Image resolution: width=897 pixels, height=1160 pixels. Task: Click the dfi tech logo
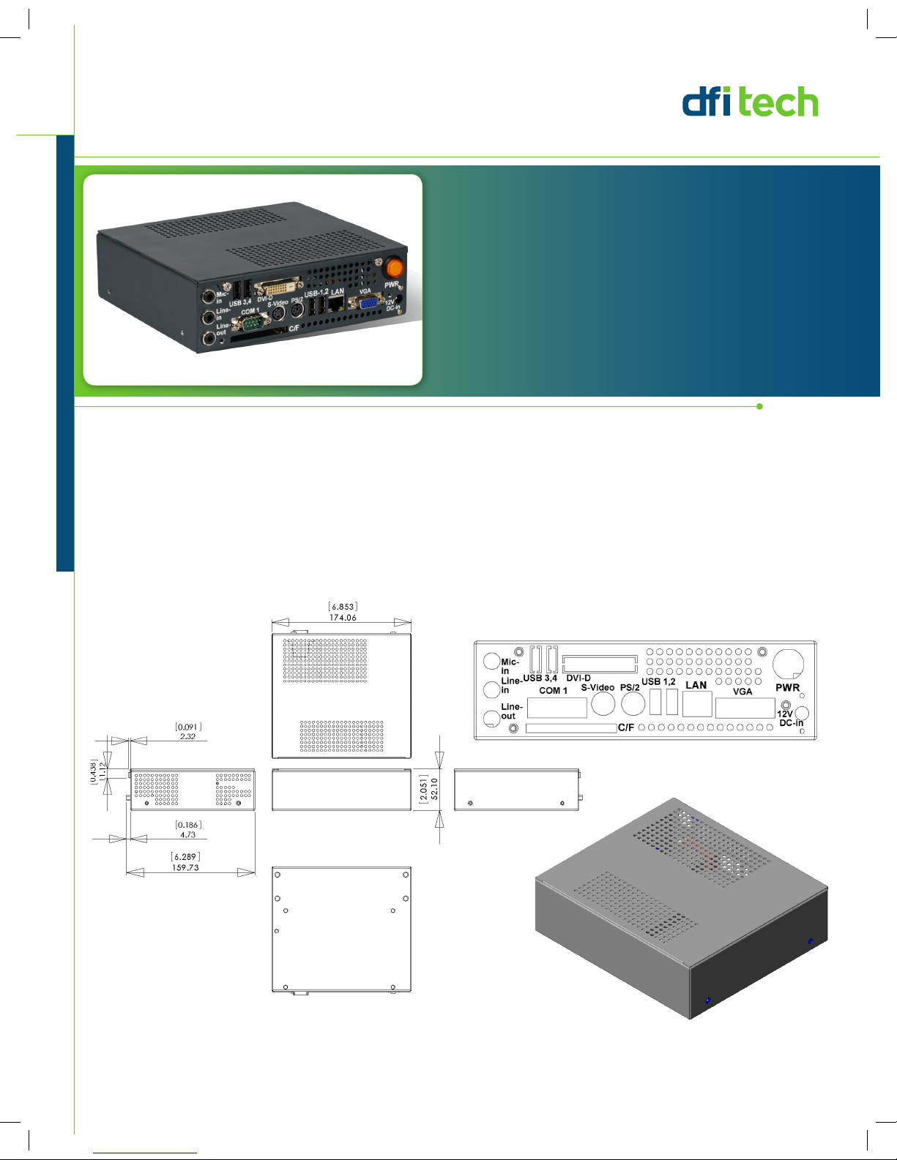pyautogui.click(x=750, y=102)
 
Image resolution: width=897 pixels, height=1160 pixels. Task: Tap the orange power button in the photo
pyautogui.click(x=395, y=266)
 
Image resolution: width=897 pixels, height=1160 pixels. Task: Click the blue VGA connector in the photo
pyautogui.click(x=368, y=304)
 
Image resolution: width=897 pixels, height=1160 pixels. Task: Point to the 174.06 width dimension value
pyautogui.click(x=343, y=618)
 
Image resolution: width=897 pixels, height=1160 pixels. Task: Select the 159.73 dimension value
pyautogui.click(x=185, y=867)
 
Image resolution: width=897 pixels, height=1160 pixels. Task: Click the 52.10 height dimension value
pyautogui.click(x=434, y=789)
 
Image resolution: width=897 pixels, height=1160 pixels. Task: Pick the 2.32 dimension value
pyautogui.click(x=188, y=736)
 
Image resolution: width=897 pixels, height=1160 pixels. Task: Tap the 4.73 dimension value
pyautogui.click(x=188, y=834)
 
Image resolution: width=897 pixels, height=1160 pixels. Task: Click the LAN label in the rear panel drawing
pyautogui.click(x=696, y=685)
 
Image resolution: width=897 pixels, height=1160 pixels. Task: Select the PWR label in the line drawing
pyautogui.click(x=787, y=687)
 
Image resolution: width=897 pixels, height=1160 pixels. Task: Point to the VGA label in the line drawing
pyautogui.click(x=742, y=692)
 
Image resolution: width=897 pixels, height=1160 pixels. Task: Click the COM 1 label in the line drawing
pyautogui.click(x=553, y=691)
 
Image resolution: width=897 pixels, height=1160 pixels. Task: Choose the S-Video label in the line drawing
pyautogui.click(x=598, y=687)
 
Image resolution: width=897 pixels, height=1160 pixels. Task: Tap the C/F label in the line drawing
pyautogui.click(x=626, y=727)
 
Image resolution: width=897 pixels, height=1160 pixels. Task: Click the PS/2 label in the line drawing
pyautogui.click(x=630, y=688)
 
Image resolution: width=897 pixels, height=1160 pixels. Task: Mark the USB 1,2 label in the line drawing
pyautogui.click(x=658, y=681)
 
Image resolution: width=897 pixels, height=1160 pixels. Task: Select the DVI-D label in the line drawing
pyautogui.click(x=578, y=678)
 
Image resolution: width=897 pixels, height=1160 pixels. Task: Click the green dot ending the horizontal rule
pyautogui.click(x=759, y=406)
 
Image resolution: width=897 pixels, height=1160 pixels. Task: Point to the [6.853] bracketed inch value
pyautogui.click(x=343, y=607)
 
